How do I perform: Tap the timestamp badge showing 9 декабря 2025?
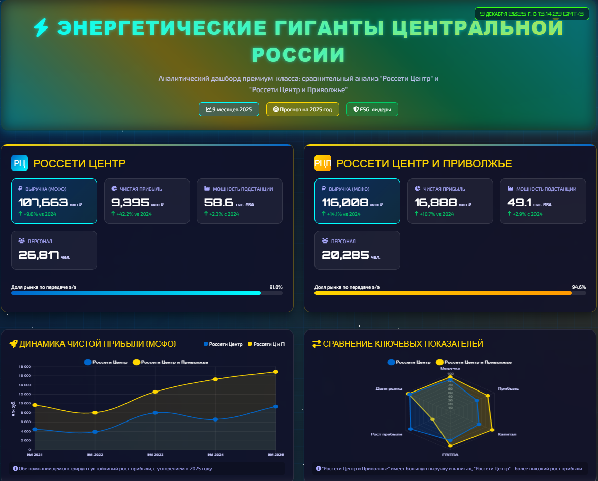coord(531,14)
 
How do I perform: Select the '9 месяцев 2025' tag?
coord(229,109)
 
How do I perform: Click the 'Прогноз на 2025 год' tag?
coord(302,109)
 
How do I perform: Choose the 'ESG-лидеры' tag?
coord(372,109)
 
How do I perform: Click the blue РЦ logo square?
coord(19,163)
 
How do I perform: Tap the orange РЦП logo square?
coord(323,163)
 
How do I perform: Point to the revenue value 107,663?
coord(43,202)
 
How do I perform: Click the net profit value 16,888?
coord(435,202)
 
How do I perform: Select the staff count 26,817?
coord(39,255)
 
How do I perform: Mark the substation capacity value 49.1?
coord(519,202)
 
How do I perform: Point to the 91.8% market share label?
coord(276,287)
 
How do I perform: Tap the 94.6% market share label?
coord(579,287)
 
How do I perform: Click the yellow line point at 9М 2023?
coord(155,392)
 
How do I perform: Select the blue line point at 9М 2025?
coord(276,406)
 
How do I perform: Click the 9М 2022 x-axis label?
coord(95,454)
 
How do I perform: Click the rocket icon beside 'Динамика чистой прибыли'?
coord(13,344)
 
